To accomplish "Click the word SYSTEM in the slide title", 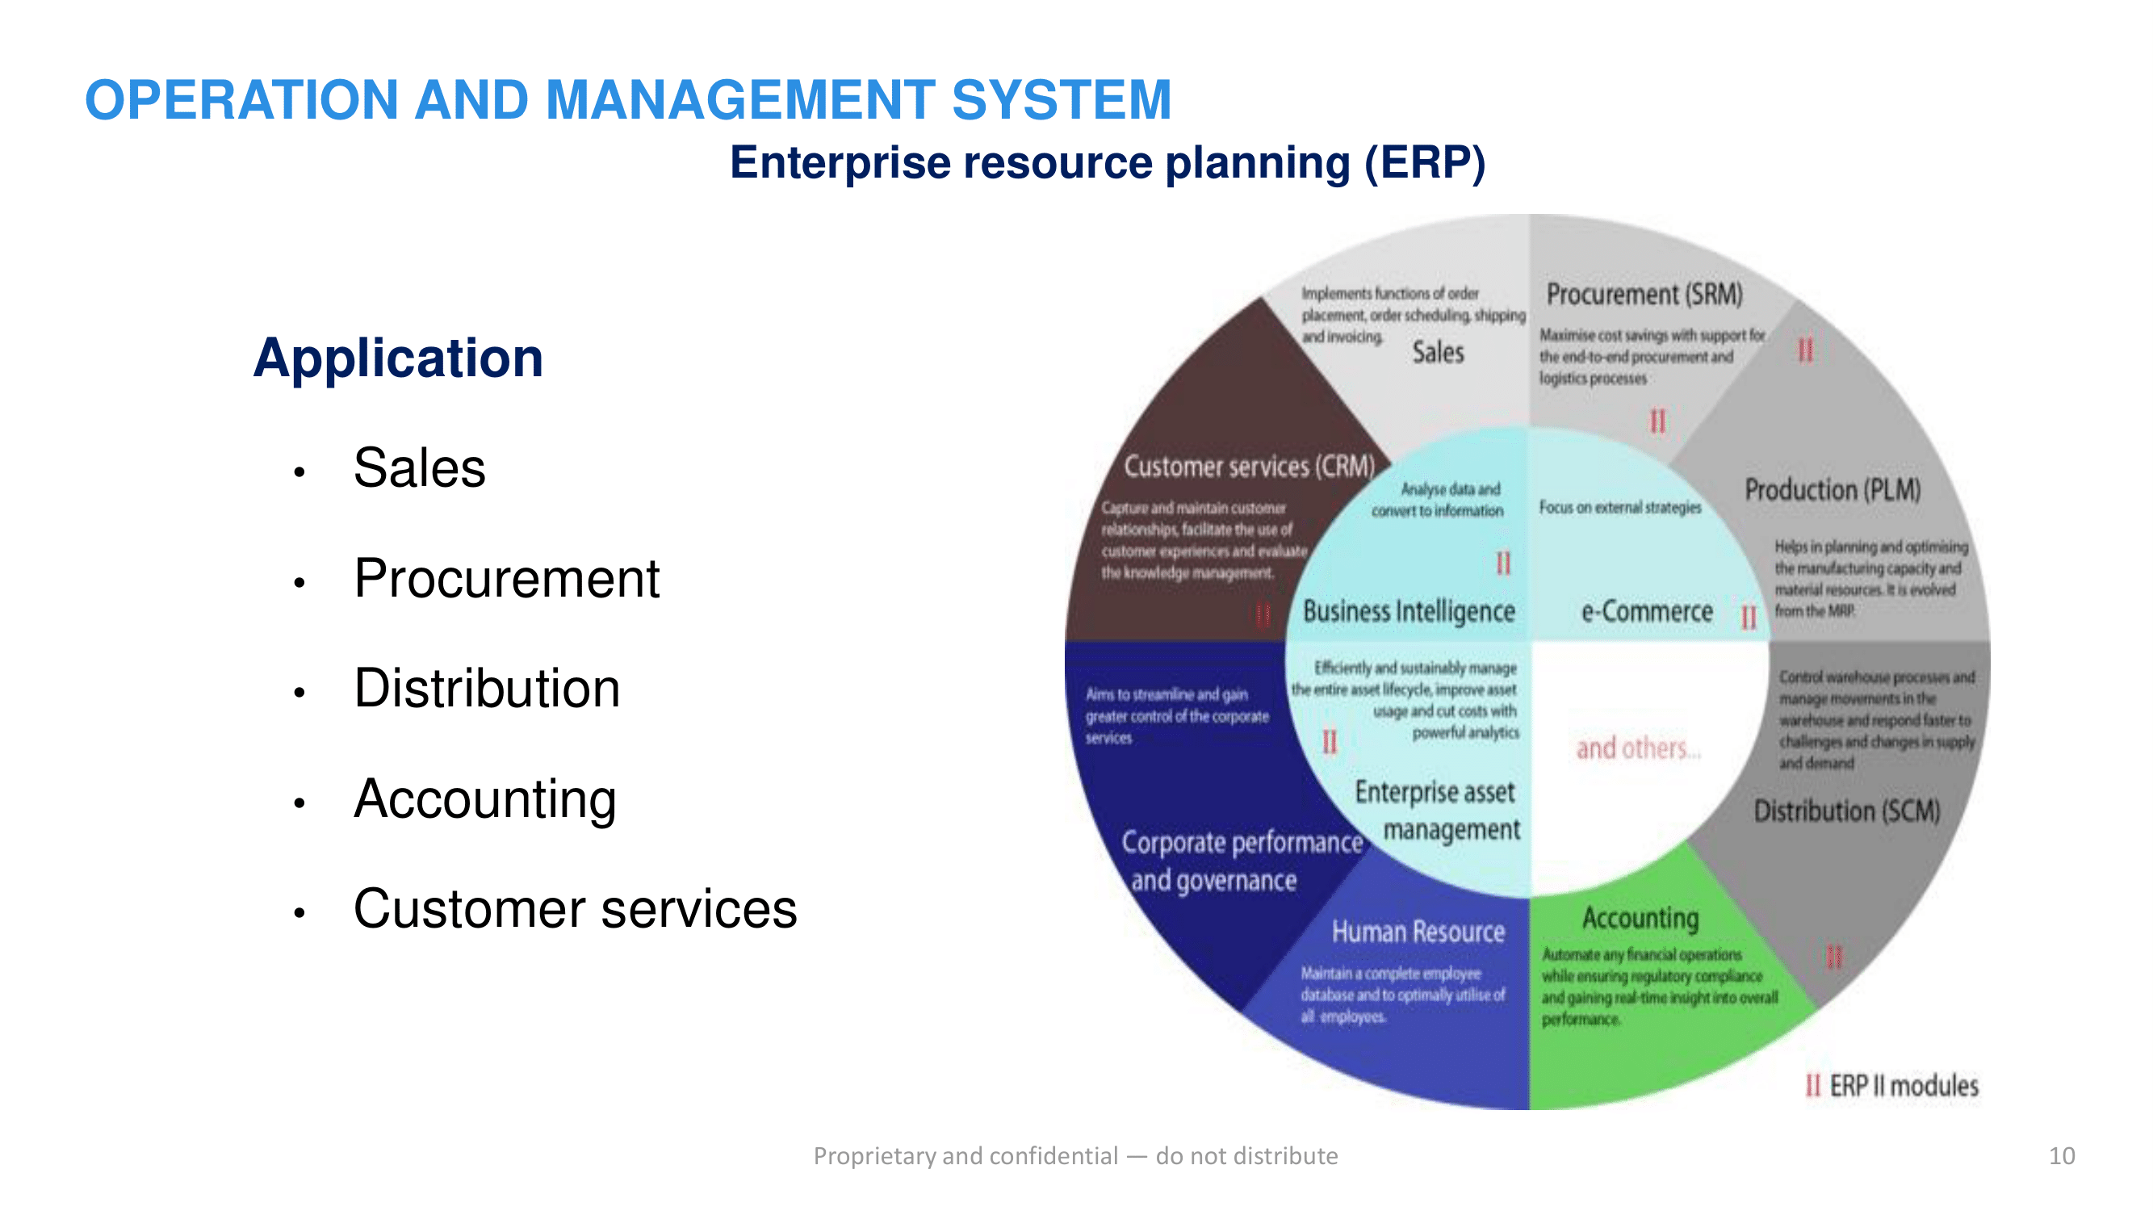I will [1062, 99].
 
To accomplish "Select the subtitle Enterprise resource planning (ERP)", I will [1108, 162].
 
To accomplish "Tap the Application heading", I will [398, 358].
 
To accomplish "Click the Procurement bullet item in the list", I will [506, 578].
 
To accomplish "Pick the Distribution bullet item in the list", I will [487, 689].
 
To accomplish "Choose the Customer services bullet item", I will [575, 909].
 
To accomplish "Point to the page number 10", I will [2061, 1156].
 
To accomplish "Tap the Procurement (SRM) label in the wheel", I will [1644, 295].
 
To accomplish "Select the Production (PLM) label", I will [1832, 490].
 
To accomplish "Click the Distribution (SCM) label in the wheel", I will [1846, 811].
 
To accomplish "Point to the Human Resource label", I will [1418, 932].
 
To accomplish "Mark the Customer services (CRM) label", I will [1249, 467].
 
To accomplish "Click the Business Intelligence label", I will [1410, 612].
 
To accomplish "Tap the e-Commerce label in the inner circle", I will [1647, 612].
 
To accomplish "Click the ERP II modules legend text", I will [1903, 1086].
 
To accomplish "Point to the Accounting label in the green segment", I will [1640, 918].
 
